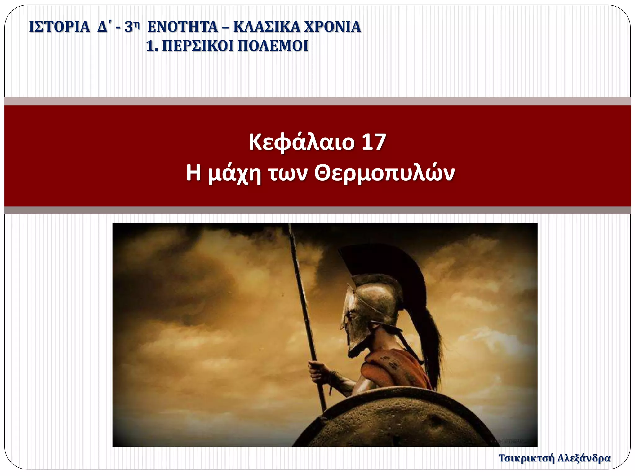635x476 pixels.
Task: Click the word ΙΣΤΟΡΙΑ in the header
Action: coord(59,27)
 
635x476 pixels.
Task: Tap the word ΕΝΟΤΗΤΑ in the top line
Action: coord(183,27)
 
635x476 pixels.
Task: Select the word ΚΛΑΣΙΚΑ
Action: coord(266,27)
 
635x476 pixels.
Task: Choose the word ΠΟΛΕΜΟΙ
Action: coord(273,46)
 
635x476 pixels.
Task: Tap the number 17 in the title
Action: coord(374,142)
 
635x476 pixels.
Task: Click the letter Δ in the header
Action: coord(102,27)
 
